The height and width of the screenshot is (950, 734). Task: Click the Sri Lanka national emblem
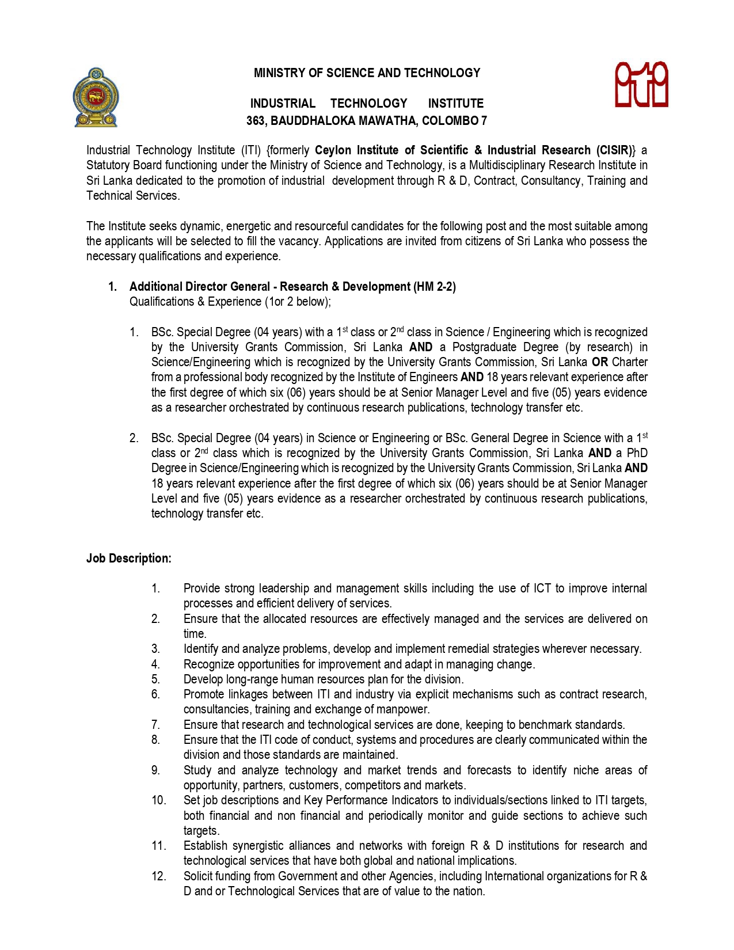[96, 97]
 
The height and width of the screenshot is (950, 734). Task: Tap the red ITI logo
[641, 85]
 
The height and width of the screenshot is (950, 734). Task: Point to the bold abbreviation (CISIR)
[616, 150]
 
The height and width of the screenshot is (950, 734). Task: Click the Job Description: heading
[129, 558]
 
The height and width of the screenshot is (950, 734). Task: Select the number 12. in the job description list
[159, 876]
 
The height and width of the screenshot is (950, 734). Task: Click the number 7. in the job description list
[155, 725]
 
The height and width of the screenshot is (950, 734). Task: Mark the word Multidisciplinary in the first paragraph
[507, 165]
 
